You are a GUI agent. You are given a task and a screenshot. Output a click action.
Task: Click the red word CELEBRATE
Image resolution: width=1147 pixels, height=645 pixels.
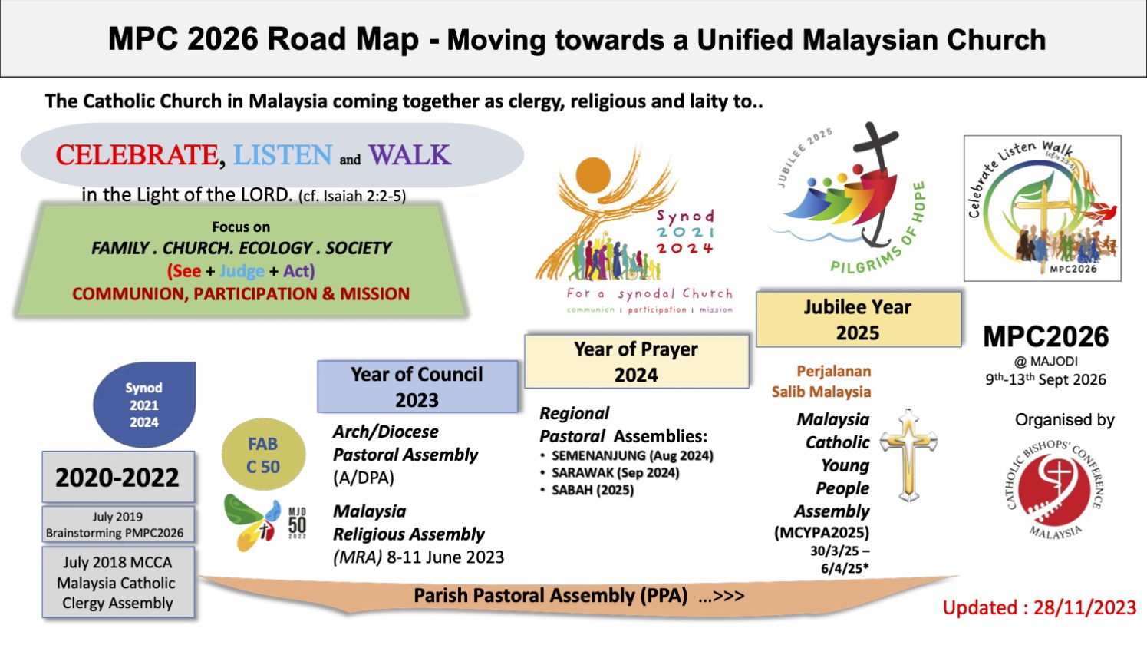point(137,155)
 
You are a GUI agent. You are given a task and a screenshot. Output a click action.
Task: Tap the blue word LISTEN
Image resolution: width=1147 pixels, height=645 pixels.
point(282,155)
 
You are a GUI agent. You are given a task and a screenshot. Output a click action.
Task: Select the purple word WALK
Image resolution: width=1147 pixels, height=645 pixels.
point(409,155)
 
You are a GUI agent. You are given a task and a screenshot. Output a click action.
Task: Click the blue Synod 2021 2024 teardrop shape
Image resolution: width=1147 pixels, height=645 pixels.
point(144,405)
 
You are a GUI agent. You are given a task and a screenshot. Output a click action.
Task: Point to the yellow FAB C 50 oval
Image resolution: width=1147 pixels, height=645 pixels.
point(263,455)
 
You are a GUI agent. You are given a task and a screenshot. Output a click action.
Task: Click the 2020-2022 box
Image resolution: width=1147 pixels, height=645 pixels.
point(117,478)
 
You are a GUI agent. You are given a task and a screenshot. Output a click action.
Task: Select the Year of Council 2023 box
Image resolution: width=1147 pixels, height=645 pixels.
point(417,387)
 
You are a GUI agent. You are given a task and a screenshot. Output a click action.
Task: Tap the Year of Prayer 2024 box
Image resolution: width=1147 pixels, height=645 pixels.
point(636,362)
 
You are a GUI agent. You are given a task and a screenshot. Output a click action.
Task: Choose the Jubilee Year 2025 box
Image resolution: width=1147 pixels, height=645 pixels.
point(858,319)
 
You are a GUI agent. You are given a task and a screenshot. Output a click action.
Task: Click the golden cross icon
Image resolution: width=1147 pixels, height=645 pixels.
point(908,455)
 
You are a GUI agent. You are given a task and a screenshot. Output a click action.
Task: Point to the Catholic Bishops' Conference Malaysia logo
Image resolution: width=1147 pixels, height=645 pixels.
point(1056,488)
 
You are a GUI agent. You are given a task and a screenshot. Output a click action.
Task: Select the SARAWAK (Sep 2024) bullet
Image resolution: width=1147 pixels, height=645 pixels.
point(615,472)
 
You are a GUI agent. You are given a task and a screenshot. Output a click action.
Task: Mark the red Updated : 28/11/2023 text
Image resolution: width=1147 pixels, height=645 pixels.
point(1039,608)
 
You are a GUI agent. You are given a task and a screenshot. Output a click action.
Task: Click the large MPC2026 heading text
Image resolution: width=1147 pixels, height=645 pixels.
point(1046,337)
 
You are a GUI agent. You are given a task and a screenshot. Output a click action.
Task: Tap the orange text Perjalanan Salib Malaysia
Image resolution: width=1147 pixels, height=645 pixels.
point(822,382)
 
